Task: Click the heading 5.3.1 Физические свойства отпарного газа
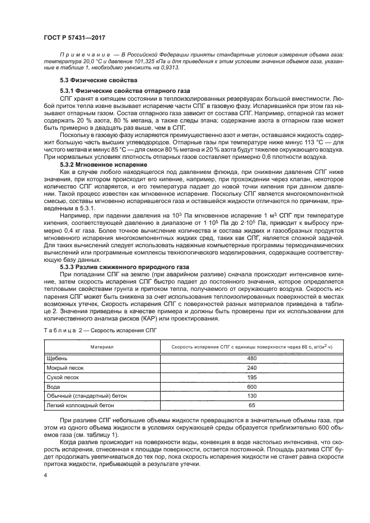pos(125,91)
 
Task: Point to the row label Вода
pos(54,387)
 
